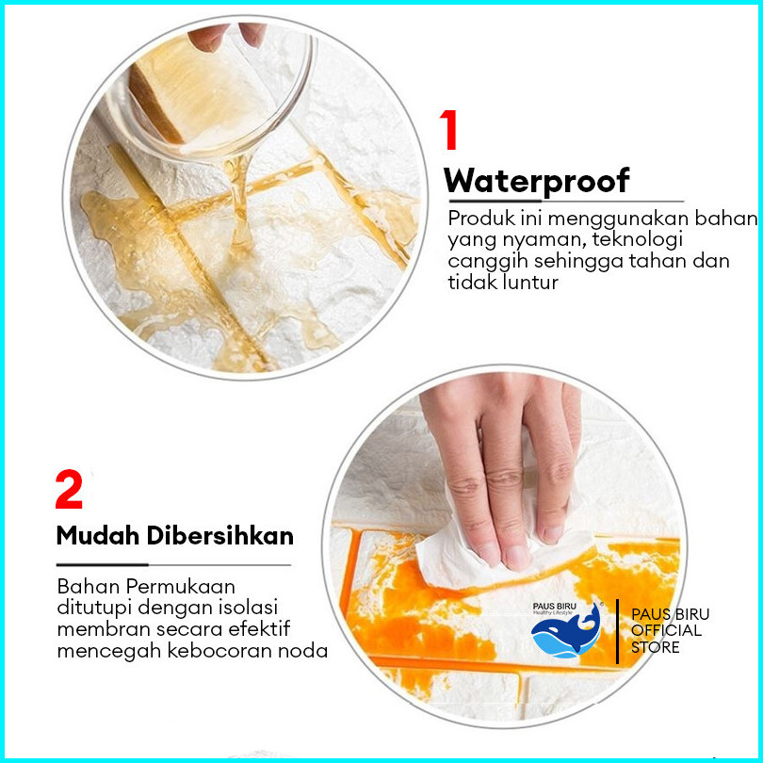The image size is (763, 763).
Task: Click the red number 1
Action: (x=449, y=129)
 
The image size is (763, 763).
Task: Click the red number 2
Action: (x=69, y=489)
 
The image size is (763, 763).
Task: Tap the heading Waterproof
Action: (x=537, y=182)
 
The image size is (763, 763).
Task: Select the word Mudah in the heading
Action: (x=98, y=536)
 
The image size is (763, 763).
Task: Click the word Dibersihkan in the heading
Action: (x=220, y=536)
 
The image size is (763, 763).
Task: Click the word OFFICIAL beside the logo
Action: (x=666, y=630)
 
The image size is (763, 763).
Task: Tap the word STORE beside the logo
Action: (x=655, y=647)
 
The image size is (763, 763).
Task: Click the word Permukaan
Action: (x=181, y=587)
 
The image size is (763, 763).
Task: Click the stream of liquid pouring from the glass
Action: (x=239, y=200)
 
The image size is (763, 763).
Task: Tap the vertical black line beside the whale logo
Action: (x=617, y=631)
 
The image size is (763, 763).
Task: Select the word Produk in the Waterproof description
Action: (x=481, y=218)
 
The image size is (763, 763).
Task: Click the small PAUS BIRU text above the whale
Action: (x=554, y=607)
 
